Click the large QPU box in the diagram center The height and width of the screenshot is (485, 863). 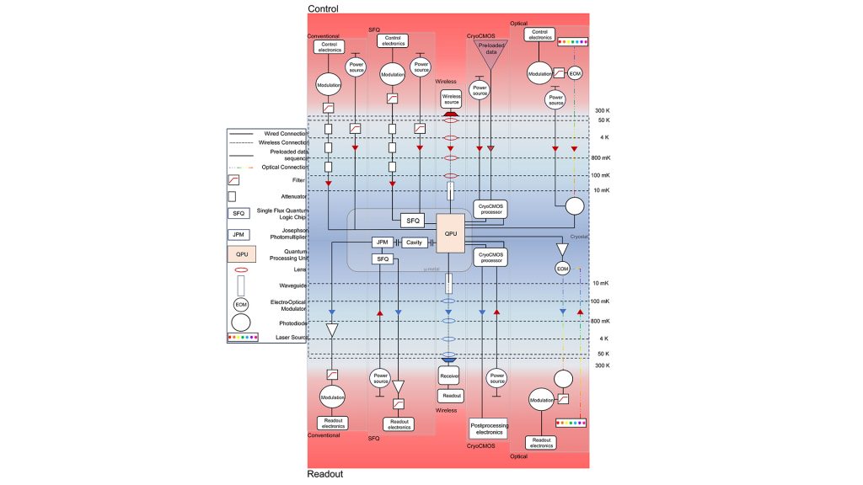click(x=450, y=232)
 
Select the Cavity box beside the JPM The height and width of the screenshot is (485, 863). click(x=414, y=242)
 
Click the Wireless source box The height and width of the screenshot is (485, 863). click(x=450, y=99)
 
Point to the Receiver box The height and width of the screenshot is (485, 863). click(x=449, y=376)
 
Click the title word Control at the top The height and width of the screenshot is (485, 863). click(x=323, y=9)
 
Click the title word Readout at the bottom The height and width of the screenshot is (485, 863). click(x=325, y=474)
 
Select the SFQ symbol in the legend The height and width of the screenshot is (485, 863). click(x=239, y=214)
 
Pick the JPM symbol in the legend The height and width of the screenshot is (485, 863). click(x=239, y=235)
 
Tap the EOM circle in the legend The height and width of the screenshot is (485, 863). click(x=239, y=302)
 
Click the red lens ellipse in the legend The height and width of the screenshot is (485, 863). click(x=239, y=270)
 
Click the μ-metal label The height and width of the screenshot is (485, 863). click(x=429, y=268)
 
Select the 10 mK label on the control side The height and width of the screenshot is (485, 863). click(x=600, y=190)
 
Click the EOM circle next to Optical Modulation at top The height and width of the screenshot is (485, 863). click(x=575, y=73)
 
